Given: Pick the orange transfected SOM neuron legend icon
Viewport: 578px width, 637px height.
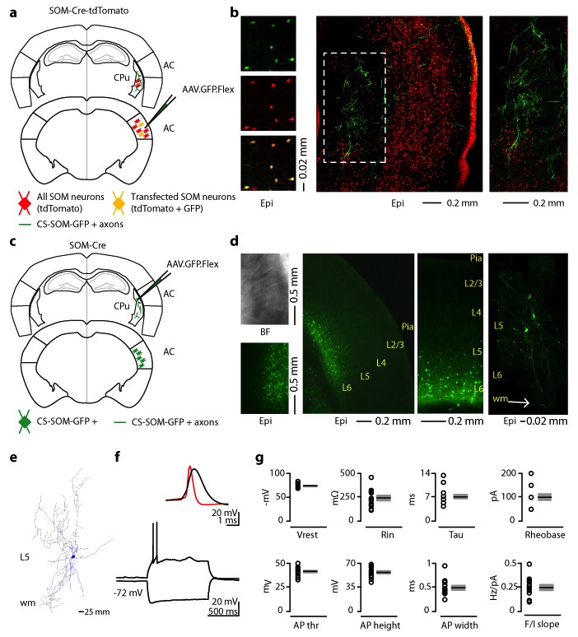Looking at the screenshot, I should tap(128, 198).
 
